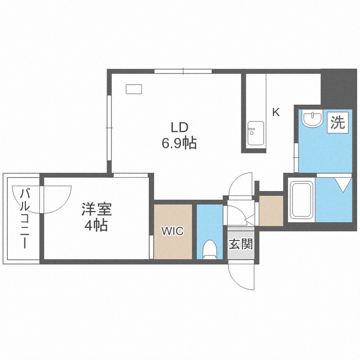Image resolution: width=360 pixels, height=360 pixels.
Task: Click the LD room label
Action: point(180,128)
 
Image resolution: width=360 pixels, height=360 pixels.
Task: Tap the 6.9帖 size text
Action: point(180,144)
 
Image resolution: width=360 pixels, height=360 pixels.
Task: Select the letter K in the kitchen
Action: point(276,112)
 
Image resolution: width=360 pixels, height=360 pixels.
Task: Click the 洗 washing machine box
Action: point(338,122)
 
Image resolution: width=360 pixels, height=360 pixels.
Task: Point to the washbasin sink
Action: point(312,119)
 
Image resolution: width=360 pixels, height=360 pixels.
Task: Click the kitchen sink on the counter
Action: point(255,133)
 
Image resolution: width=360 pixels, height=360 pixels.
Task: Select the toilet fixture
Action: point(210,249)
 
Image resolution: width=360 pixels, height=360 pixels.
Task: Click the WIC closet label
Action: point(173,231)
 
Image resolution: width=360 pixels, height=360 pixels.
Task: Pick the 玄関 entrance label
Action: point(241,244)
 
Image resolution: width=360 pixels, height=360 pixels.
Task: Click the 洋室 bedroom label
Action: point(96,209)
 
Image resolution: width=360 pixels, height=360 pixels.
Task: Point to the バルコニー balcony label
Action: point(24,218)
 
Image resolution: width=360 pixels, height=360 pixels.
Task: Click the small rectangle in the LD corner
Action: point(133,89)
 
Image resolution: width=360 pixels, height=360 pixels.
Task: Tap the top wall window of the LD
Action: point(183,71)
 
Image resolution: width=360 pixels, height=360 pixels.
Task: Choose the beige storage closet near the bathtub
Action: point(271,211)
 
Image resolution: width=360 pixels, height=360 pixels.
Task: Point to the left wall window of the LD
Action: point(109,127)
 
